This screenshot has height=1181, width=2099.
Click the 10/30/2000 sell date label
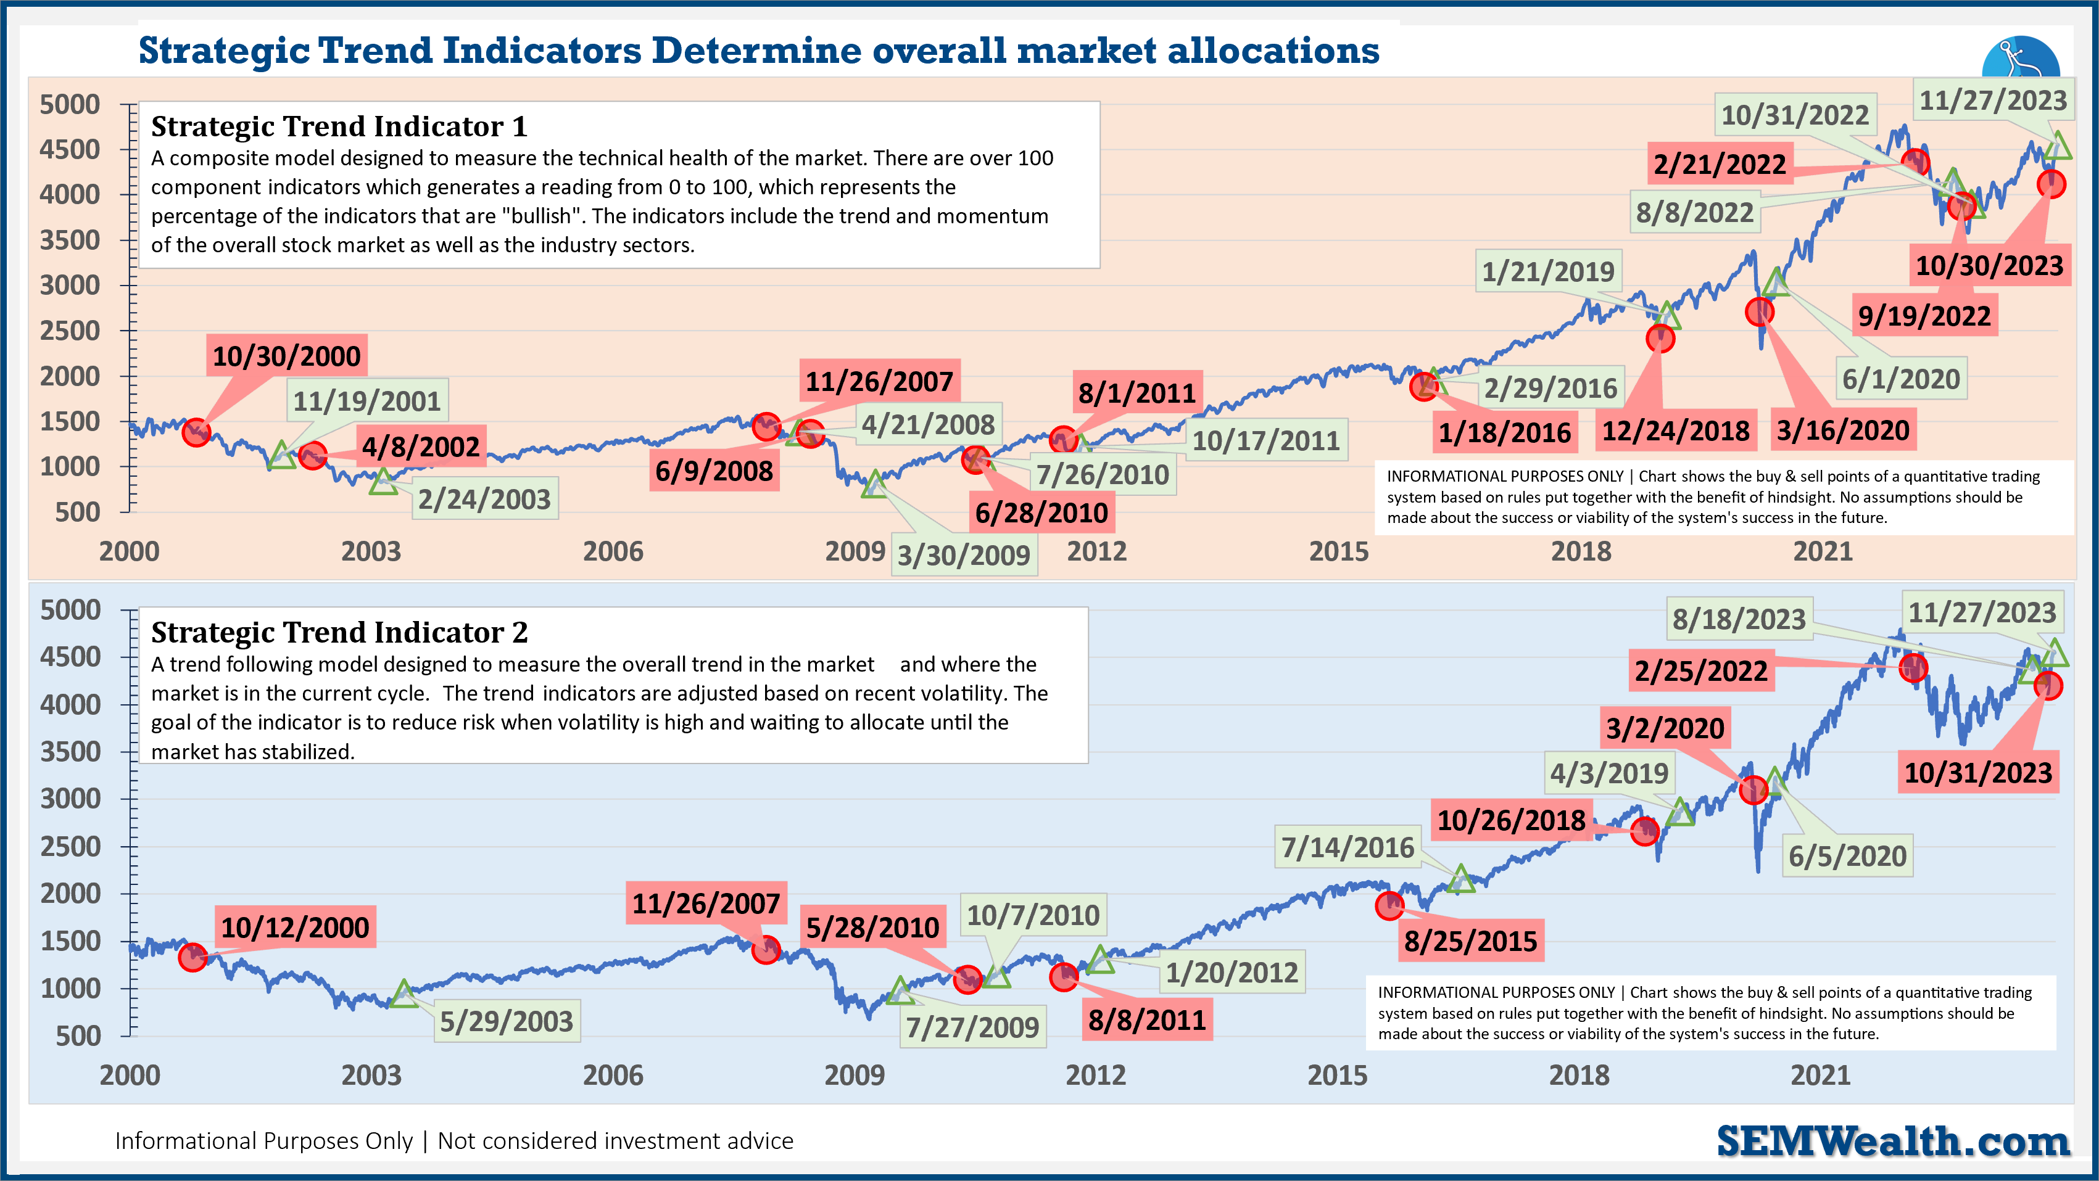click(286, 356)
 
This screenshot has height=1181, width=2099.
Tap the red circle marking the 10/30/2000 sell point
click(196, 432)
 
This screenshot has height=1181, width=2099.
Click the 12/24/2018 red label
click(1675, 431)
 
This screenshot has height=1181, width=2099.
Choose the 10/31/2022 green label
click(1794, 115)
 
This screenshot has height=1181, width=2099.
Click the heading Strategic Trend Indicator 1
click(339, 126)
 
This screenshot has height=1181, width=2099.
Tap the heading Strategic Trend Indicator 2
click(339, 632)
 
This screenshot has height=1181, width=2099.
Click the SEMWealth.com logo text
click(1892, 1140)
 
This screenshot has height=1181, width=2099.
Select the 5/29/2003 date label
click(506, 1021)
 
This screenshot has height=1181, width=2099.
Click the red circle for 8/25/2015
click(1389, 905)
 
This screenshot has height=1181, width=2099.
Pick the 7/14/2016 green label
click(1348, 847)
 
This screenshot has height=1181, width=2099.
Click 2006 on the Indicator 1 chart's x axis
click(613, 551)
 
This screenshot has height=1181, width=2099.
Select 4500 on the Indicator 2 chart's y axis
click(70, 656)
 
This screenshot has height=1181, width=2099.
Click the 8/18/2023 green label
click(1738, 619)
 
